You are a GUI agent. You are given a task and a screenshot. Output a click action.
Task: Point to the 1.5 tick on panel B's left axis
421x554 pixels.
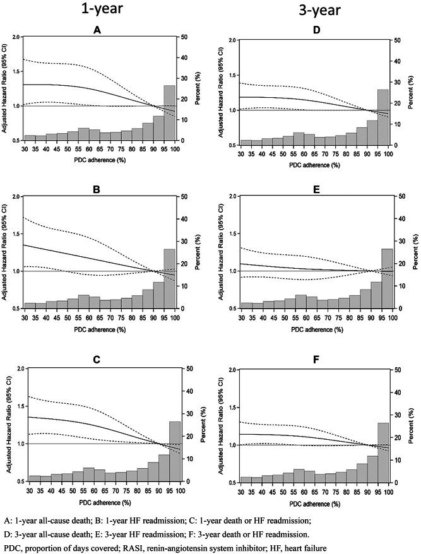coord(14,233)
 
